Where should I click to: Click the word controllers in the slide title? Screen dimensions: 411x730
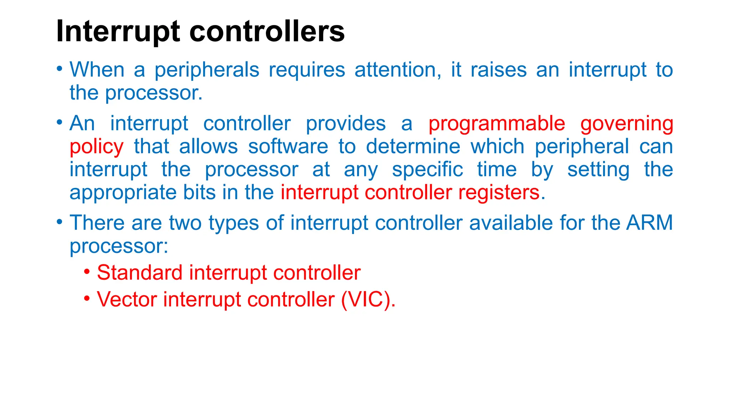pos(267,31)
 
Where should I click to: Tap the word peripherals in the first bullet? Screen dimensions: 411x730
pos(207,70)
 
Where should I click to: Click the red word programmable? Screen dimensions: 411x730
pos(497,124)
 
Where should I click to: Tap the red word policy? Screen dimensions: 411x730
pos(97,147)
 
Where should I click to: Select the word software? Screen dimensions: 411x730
pos(288,147)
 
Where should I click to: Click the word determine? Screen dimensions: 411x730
pos(413,147)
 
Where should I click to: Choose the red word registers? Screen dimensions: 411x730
pos(499,193)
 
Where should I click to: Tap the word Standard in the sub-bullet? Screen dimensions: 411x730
pos(139,273)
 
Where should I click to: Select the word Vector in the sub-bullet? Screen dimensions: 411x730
pos(127,299)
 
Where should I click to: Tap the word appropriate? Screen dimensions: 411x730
pos(123,193)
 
